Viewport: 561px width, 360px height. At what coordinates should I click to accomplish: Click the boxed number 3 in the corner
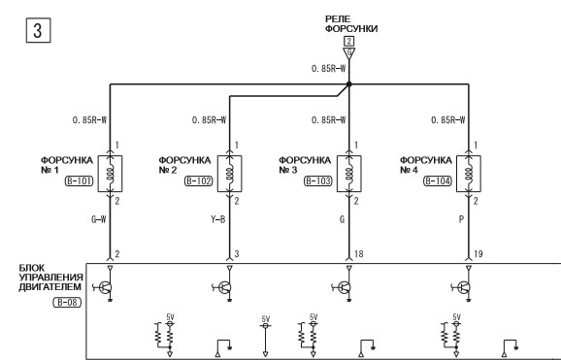(x=38, y=30)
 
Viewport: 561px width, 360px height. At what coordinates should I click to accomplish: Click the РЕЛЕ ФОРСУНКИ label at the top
(x=351, y=24)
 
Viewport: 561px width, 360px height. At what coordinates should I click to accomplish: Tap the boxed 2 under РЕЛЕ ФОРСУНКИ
(x=348, y=41)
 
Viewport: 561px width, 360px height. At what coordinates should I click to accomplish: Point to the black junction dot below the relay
(x=348, y=84)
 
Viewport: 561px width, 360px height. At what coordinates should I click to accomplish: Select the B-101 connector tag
(x=79, y=181)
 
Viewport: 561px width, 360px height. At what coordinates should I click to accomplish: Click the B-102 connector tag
(x=199, y=181)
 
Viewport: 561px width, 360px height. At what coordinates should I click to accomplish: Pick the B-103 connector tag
(x=318, y=181)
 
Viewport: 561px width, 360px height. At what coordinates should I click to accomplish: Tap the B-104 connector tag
(x=438, y=181)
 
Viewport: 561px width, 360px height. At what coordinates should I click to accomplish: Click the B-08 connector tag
(x=67, y=303)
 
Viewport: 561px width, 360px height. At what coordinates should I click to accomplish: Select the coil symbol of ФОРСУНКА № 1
(x=111, y=174)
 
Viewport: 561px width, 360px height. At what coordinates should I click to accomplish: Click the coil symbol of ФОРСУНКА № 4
(x=469, y=174)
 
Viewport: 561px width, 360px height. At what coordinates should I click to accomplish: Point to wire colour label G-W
(x=99, y=219)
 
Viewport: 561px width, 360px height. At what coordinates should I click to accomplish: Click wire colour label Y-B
(x=217, y=219)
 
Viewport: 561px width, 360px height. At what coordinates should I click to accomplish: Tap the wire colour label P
(x=461, y=219)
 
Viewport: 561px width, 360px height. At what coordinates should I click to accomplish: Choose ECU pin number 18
(x=358, y=253)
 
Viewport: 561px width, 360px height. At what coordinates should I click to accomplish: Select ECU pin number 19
(x=478, y=253)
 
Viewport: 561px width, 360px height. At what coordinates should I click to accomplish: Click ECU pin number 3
(x=237, y=253)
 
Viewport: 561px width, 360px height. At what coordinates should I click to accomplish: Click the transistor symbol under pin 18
(x=344, y=287)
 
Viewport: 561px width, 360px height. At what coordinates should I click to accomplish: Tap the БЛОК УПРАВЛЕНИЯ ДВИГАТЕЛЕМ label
(x=50, y=278)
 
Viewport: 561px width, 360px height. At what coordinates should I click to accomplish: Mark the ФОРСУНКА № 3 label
(x=305, y=165)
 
